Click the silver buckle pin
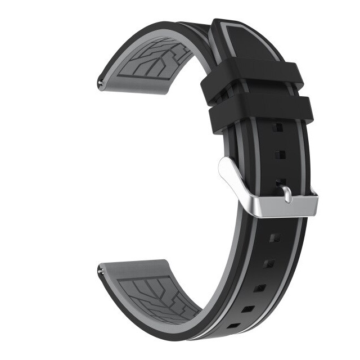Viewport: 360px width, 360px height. (x=287, y=195)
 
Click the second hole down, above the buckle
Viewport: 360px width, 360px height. (x=280, y=155)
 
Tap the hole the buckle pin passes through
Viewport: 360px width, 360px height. (x=282, y=182)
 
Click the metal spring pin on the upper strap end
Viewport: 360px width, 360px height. (x=101, y=85)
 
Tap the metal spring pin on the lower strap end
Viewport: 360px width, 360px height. (x=101, y=272)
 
